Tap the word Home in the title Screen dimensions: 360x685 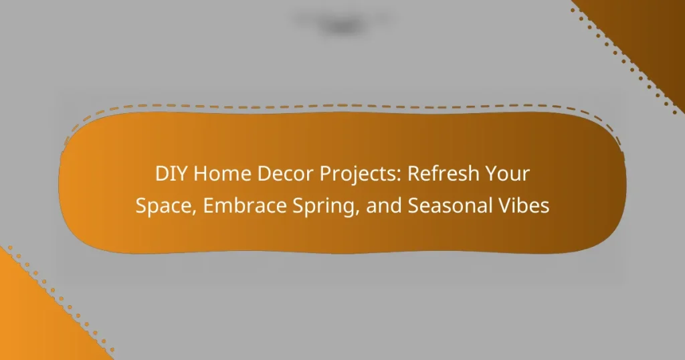pos(211,175)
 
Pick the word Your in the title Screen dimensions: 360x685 pos(511,175)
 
